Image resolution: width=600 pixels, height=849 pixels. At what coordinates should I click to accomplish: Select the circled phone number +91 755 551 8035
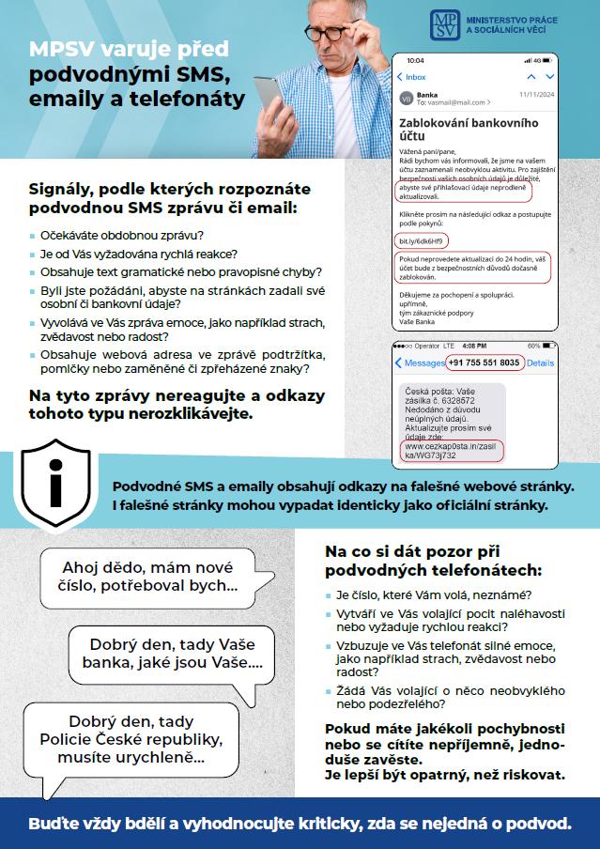482,363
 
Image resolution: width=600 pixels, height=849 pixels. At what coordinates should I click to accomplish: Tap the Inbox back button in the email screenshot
410,77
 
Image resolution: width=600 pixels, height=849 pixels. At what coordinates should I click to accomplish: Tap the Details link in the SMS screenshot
540,363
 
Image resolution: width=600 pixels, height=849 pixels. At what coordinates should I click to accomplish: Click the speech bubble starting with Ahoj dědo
149,577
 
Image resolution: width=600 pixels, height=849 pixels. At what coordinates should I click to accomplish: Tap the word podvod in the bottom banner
540,824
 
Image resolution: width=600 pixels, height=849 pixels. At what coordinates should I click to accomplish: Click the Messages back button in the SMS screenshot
419,363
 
